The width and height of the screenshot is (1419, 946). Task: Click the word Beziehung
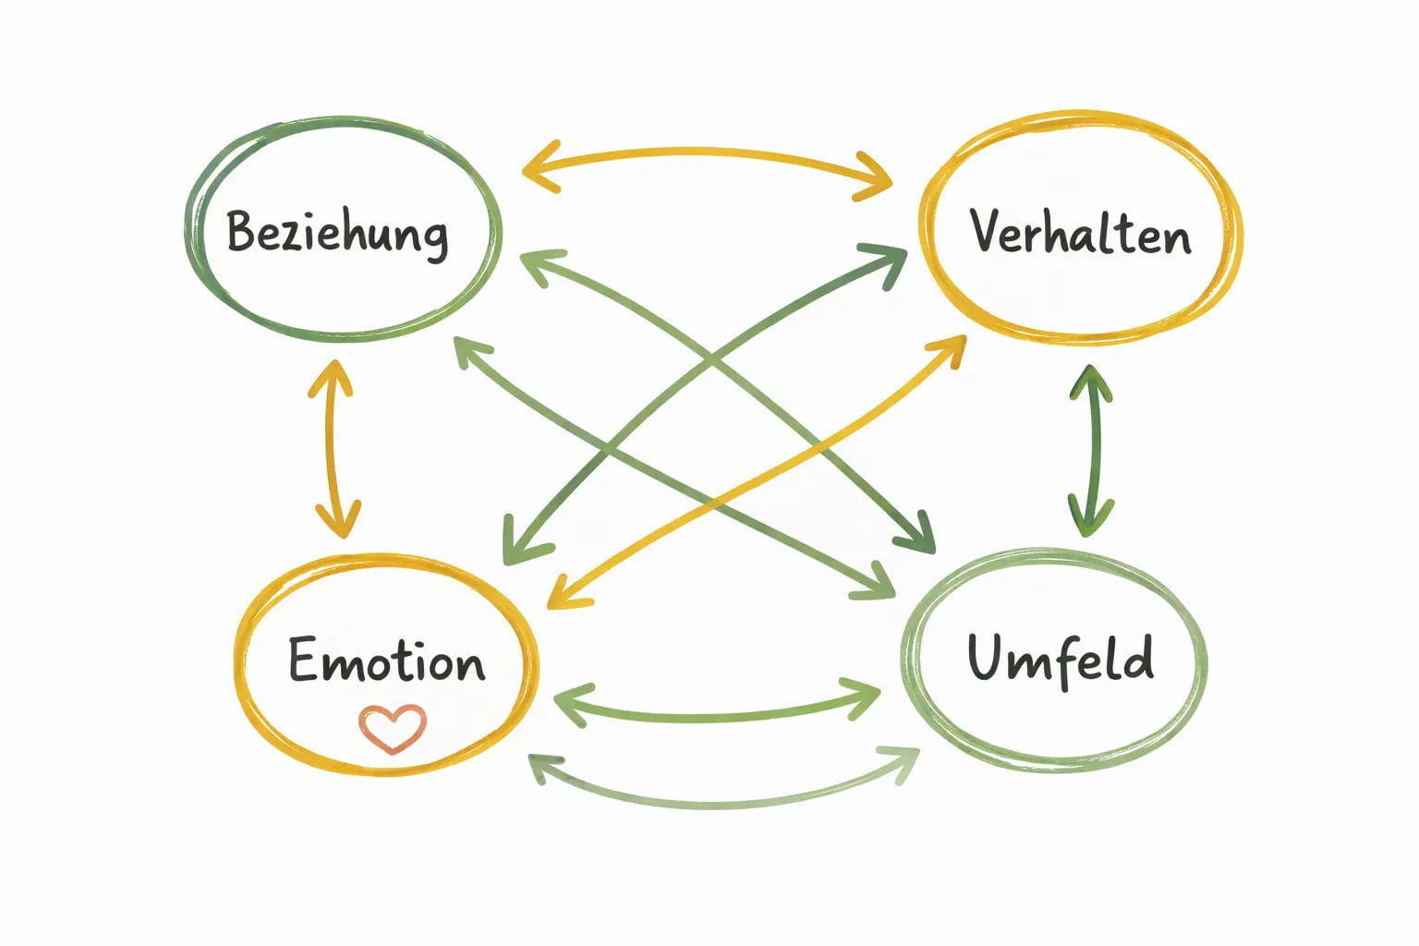338,232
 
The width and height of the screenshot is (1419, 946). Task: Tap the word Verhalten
1080,232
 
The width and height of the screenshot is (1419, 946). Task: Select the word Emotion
386,661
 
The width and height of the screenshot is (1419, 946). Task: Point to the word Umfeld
1060,659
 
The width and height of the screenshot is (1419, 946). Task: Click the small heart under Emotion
393,728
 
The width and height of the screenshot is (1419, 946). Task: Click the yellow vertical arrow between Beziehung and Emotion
334,449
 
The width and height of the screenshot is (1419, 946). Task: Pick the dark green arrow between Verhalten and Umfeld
1093,450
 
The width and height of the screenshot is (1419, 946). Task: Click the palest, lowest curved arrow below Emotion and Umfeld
721,802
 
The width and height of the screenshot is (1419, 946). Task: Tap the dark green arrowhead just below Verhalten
1091,382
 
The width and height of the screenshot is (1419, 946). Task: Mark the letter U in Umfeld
987,658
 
